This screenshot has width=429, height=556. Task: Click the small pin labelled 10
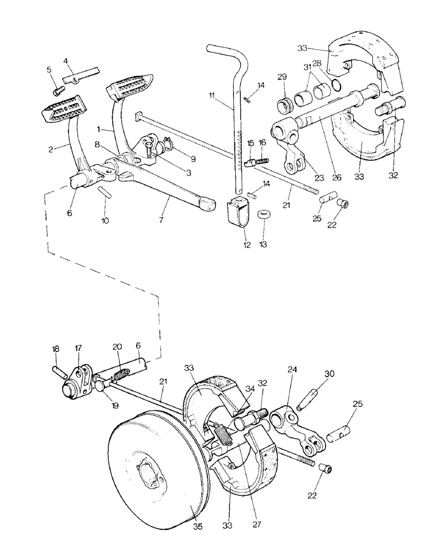(104, 192)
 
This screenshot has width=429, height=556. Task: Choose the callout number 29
(282, 76)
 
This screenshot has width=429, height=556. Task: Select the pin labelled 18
(59, 370)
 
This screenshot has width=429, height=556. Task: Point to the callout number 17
(78, 349)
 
